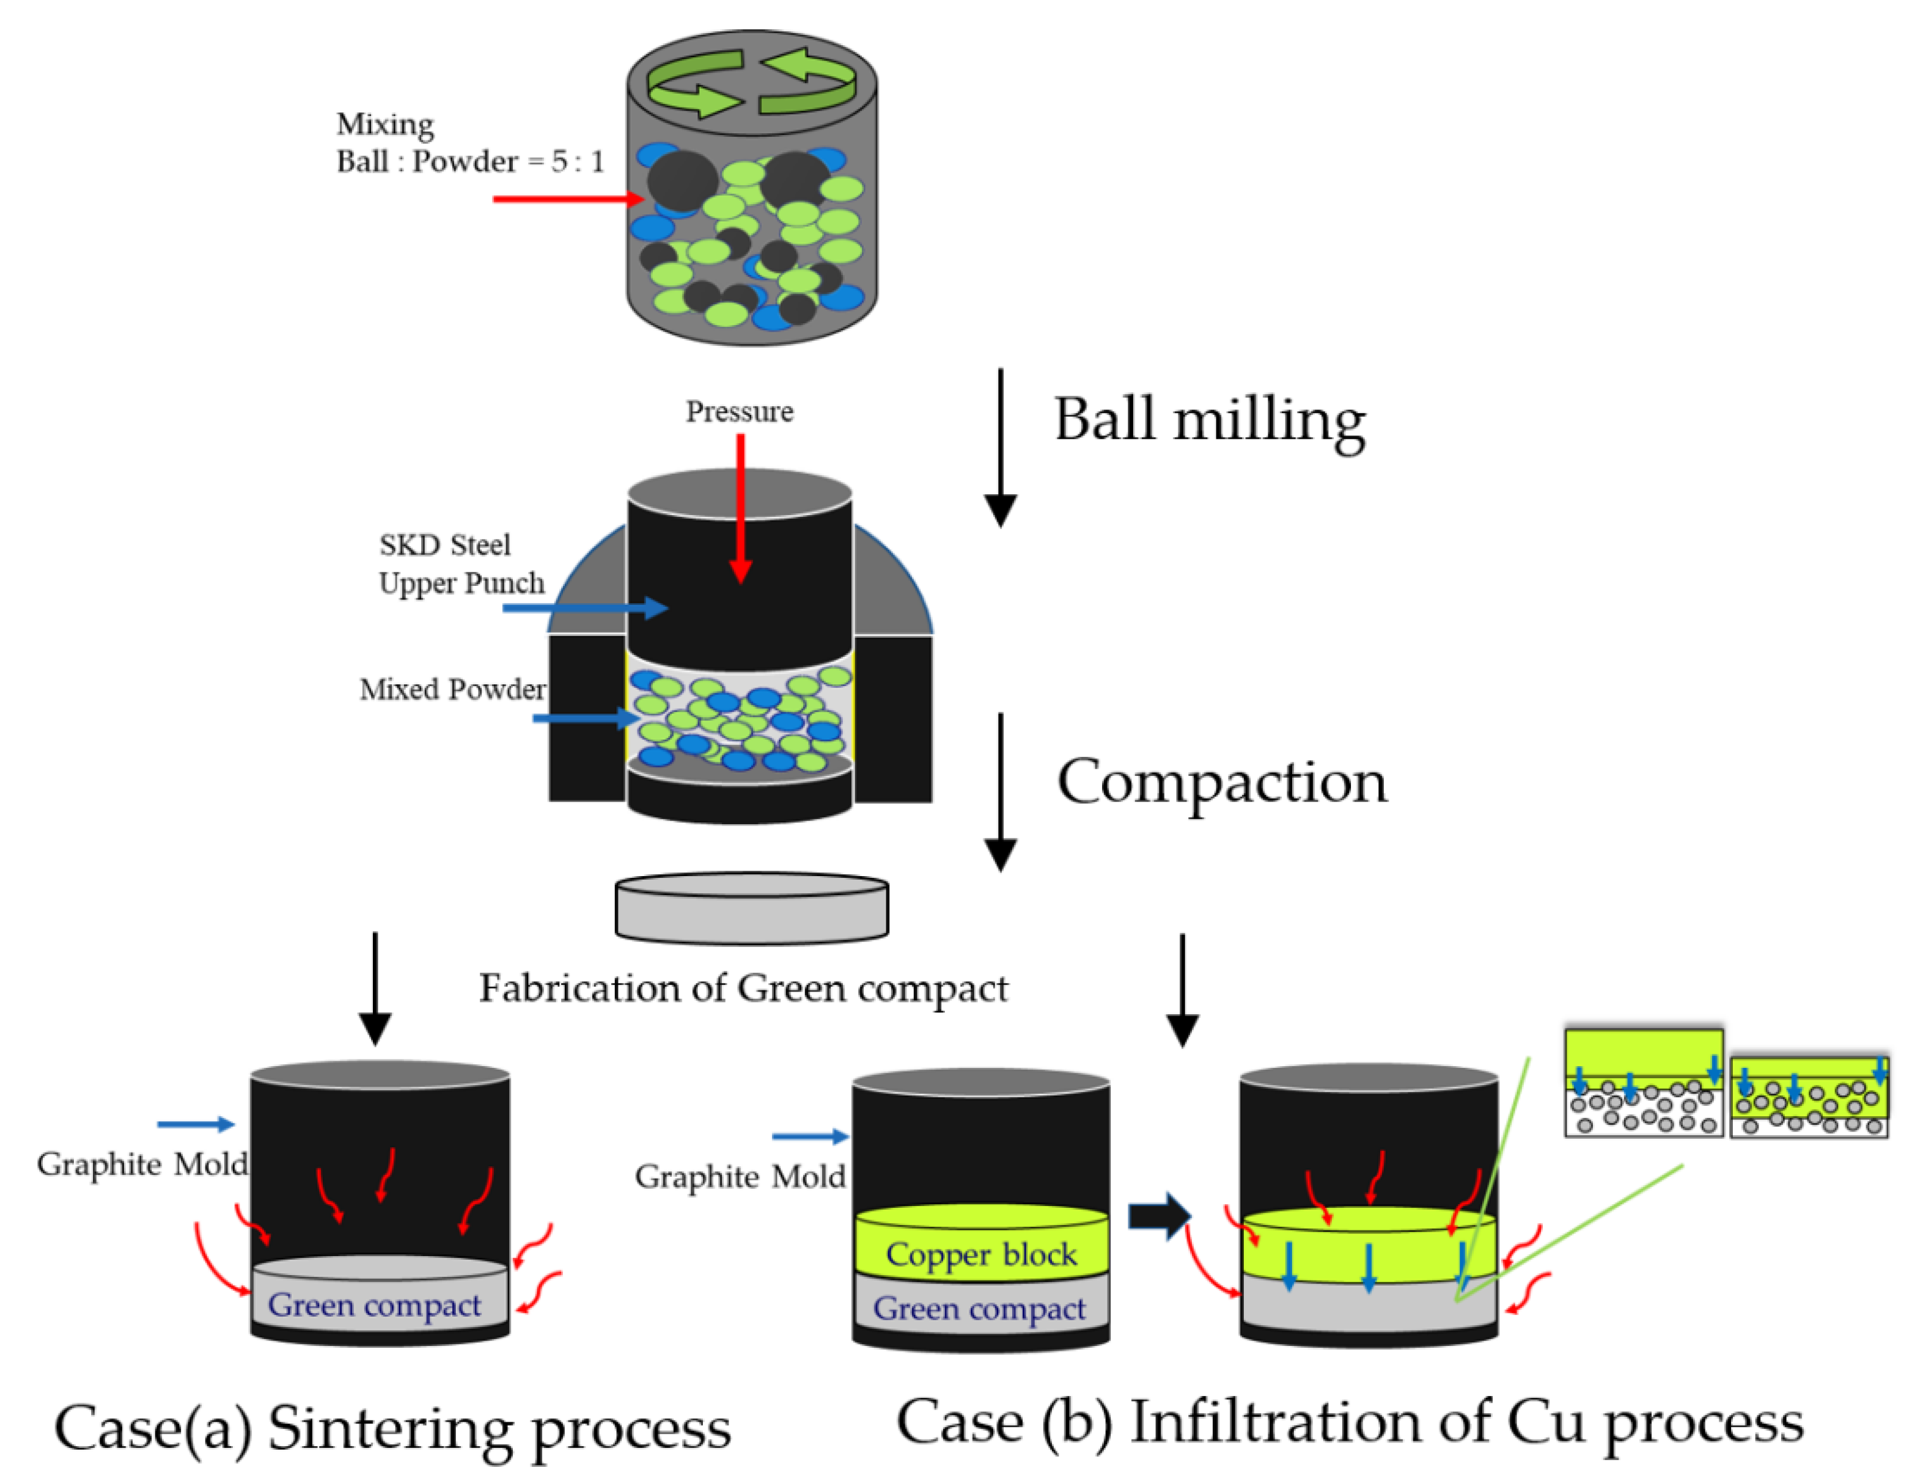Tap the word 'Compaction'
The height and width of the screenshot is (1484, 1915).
(1221, 782)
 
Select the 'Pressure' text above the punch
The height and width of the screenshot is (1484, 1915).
(739, 411)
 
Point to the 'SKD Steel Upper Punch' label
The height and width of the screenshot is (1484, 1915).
(460, 564)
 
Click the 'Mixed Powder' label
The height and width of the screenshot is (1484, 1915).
(452, 689)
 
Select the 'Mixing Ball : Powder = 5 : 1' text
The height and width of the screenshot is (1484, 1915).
(470, 143)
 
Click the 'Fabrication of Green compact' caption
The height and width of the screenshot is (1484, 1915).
(743, 988)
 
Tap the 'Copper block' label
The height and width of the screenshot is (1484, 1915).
(981, 1254)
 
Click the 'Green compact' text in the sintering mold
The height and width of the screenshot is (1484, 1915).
(375, 1305)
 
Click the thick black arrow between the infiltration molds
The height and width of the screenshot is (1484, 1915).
(1158, 1216)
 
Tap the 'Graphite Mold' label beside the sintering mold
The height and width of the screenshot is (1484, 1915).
(142, 1164)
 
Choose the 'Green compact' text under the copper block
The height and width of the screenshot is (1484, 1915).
(979, 1309)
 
